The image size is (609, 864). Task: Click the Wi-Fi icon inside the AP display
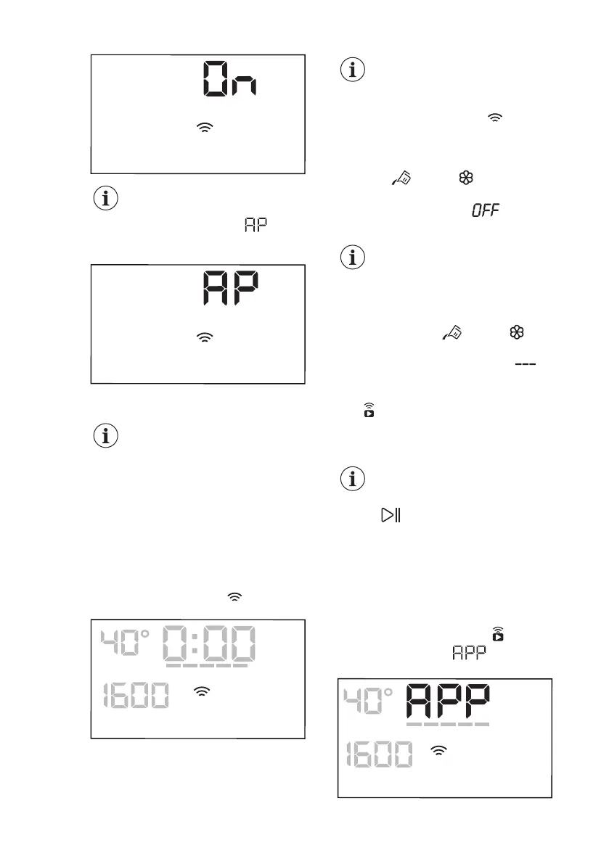(207, 337)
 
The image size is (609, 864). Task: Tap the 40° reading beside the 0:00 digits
(125, 642)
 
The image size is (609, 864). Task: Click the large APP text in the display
(446, 702)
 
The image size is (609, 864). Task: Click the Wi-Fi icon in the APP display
(439, 753)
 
